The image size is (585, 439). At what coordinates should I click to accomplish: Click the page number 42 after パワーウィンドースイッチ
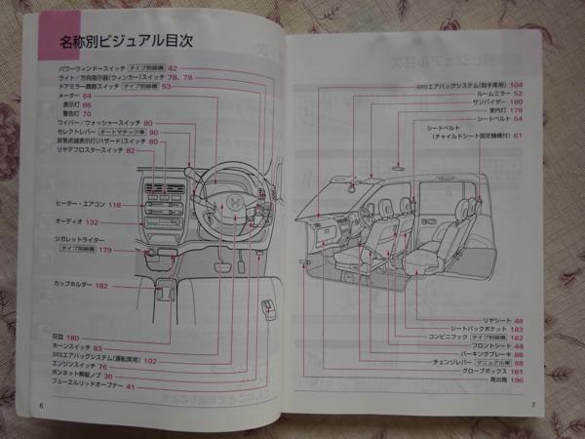coord(173,67)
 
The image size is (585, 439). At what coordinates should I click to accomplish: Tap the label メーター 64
coord(74,96)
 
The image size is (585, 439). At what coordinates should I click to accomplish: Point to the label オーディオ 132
coord(79,223)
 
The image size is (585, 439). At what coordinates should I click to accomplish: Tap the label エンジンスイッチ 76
coord(81,367)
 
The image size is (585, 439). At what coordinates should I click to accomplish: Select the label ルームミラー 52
coord(497,93)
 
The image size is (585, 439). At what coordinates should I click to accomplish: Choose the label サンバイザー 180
coord(498,101)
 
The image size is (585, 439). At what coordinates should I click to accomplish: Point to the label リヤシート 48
coord(504,320)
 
